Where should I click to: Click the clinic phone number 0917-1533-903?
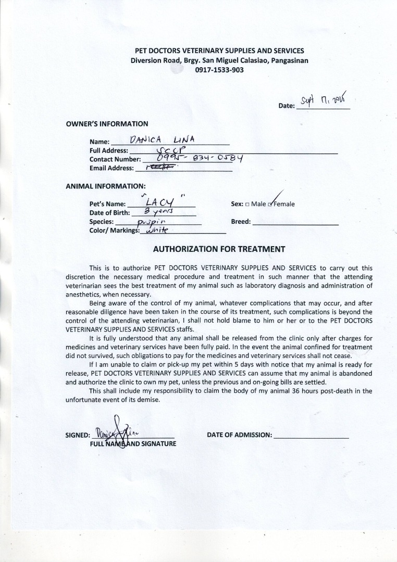[219, 70]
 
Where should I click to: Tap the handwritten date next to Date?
[324, 99]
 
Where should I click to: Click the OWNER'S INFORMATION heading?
[107, 124]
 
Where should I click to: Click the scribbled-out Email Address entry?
[162, 167]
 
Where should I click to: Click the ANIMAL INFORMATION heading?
[106, 186]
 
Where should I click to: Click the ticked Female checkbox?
[270, 204]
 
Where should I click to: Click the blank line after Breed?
[295, 222]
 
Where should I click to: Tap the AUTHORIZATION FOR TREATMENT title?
[219, 249]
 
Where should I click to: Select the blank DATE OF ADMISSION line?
[311, 436]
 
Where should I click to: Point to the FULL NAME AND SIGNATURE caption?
[133, 444]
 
